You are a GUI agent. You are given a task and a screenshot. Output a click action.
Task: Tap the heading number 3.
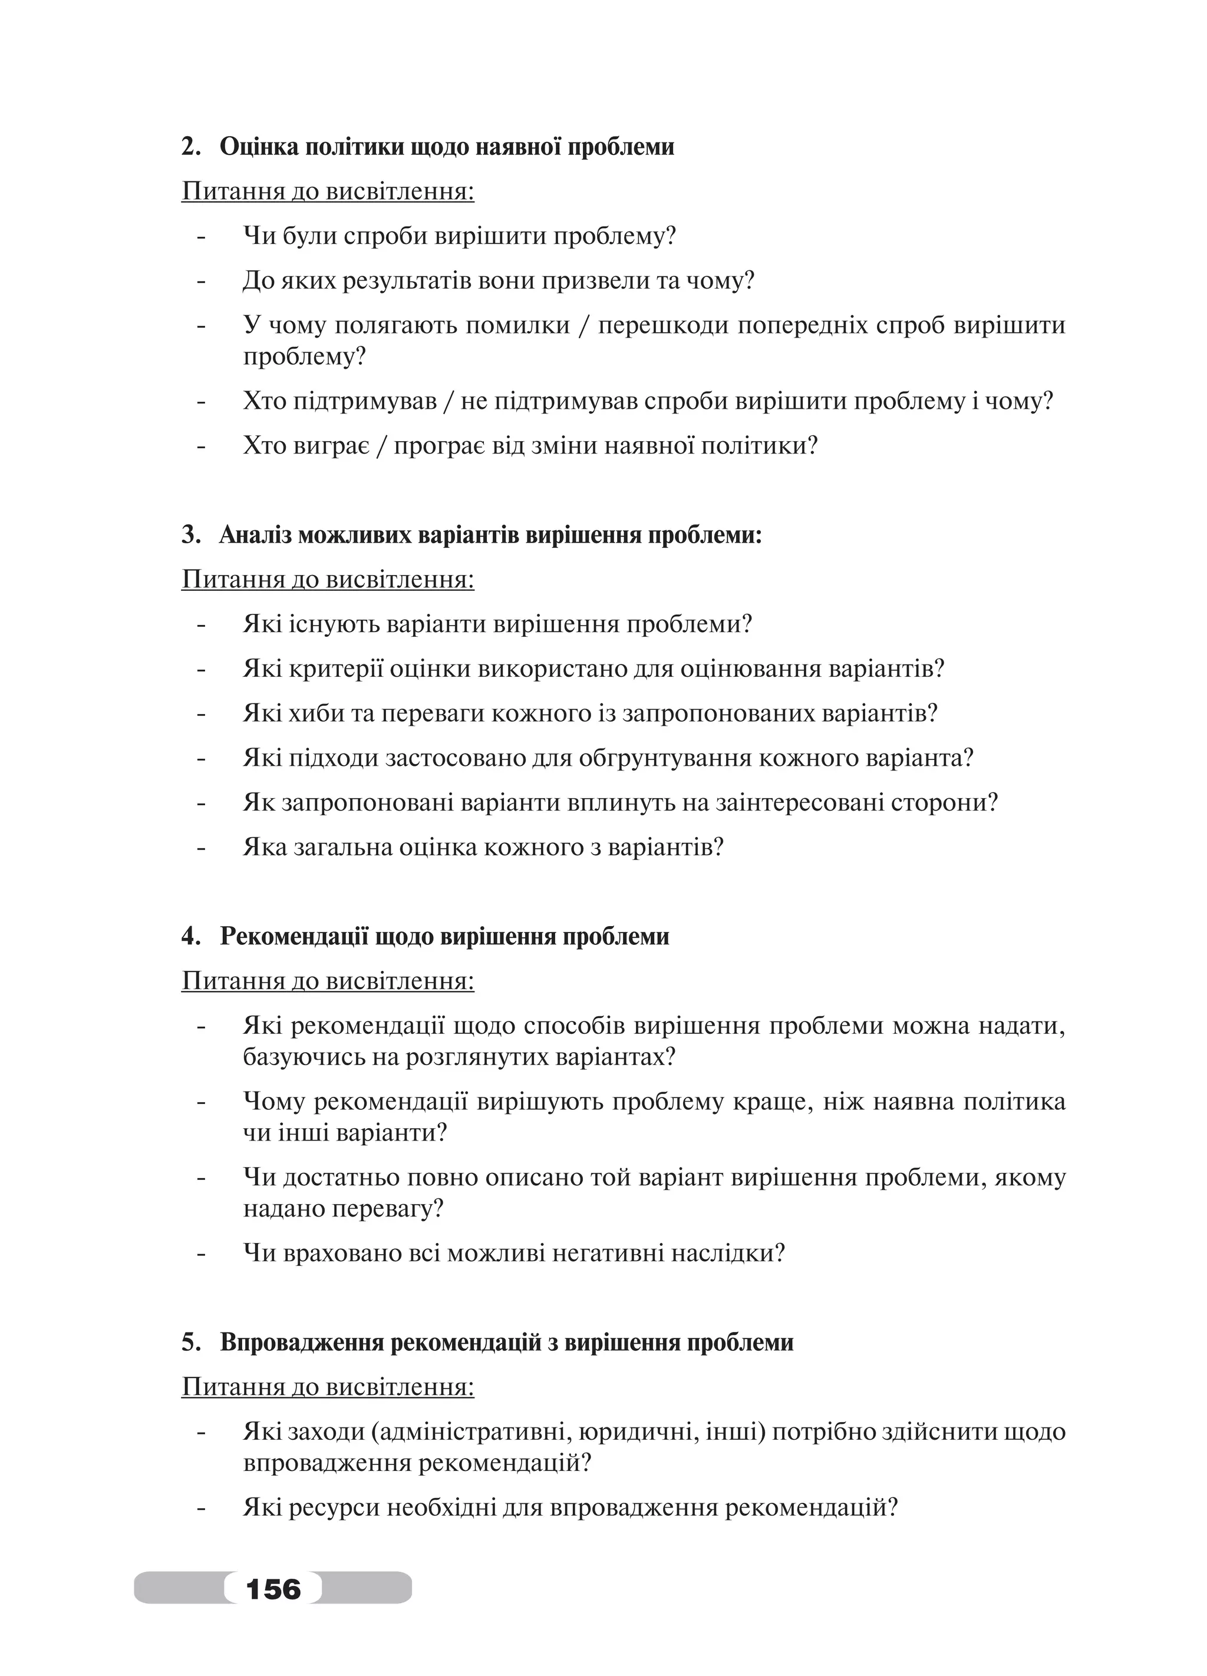[189, 534]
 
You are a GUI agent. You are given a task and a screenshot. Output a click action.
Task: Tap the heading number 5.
[189, 1341]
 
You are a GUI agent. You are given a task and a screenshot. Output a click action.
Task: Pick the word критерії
[335, 669]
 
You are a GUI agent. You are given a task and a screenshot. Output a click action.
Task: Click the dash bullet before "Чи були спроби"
[200, 238]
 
